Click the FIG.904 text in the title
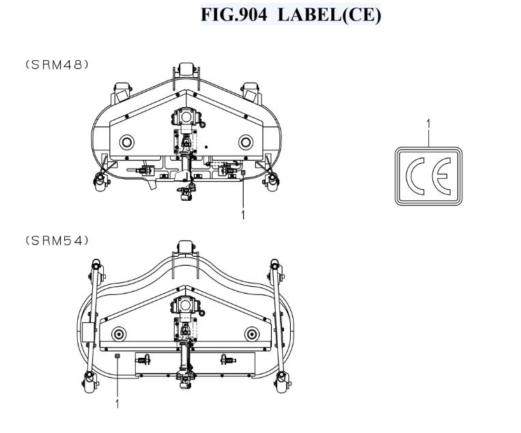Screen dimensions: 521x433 pyautogui.click(x=234, y=14)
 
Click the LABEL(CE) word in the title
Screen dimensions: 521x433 pyautogui.click(x=329, y=15)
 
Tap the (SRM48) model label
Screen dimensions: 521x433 pyautogui.click(x=57, y=64)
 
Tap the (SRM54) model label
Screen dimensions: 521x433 pyautogui.click(x=57, y=240)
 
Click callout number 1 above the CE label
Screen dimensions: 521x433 pyautogui.click(x=428, y=124)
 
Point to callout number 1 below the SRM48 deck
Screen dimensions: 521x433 pyautogui.click(x=243, y=215)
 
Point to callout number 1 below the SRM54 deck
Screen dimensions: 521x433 pyautogui.click(x=117, y=404)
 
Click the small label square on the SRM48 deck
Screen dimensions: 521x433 pyautogui.click(x=243, y=172)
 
